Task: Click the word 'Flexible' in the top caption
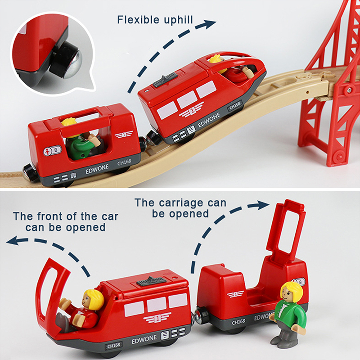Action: pos(138,20)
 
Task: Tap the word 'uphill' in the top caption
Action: pos(178,20)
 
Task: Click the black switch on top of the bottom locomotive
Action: pos(151,281)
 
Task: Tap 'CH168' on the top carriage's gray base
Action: pos(124,162)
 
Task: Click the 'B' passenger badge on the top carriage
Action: pos(53,151)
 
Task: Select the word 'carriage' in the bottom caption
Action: pos(181,203)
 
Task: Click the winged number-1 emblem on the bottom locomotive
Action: pos(157,318)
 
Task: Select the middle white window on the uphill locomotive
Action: pos(187,99)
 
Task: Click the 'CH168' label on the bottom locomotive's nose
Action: pos(114,346)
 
